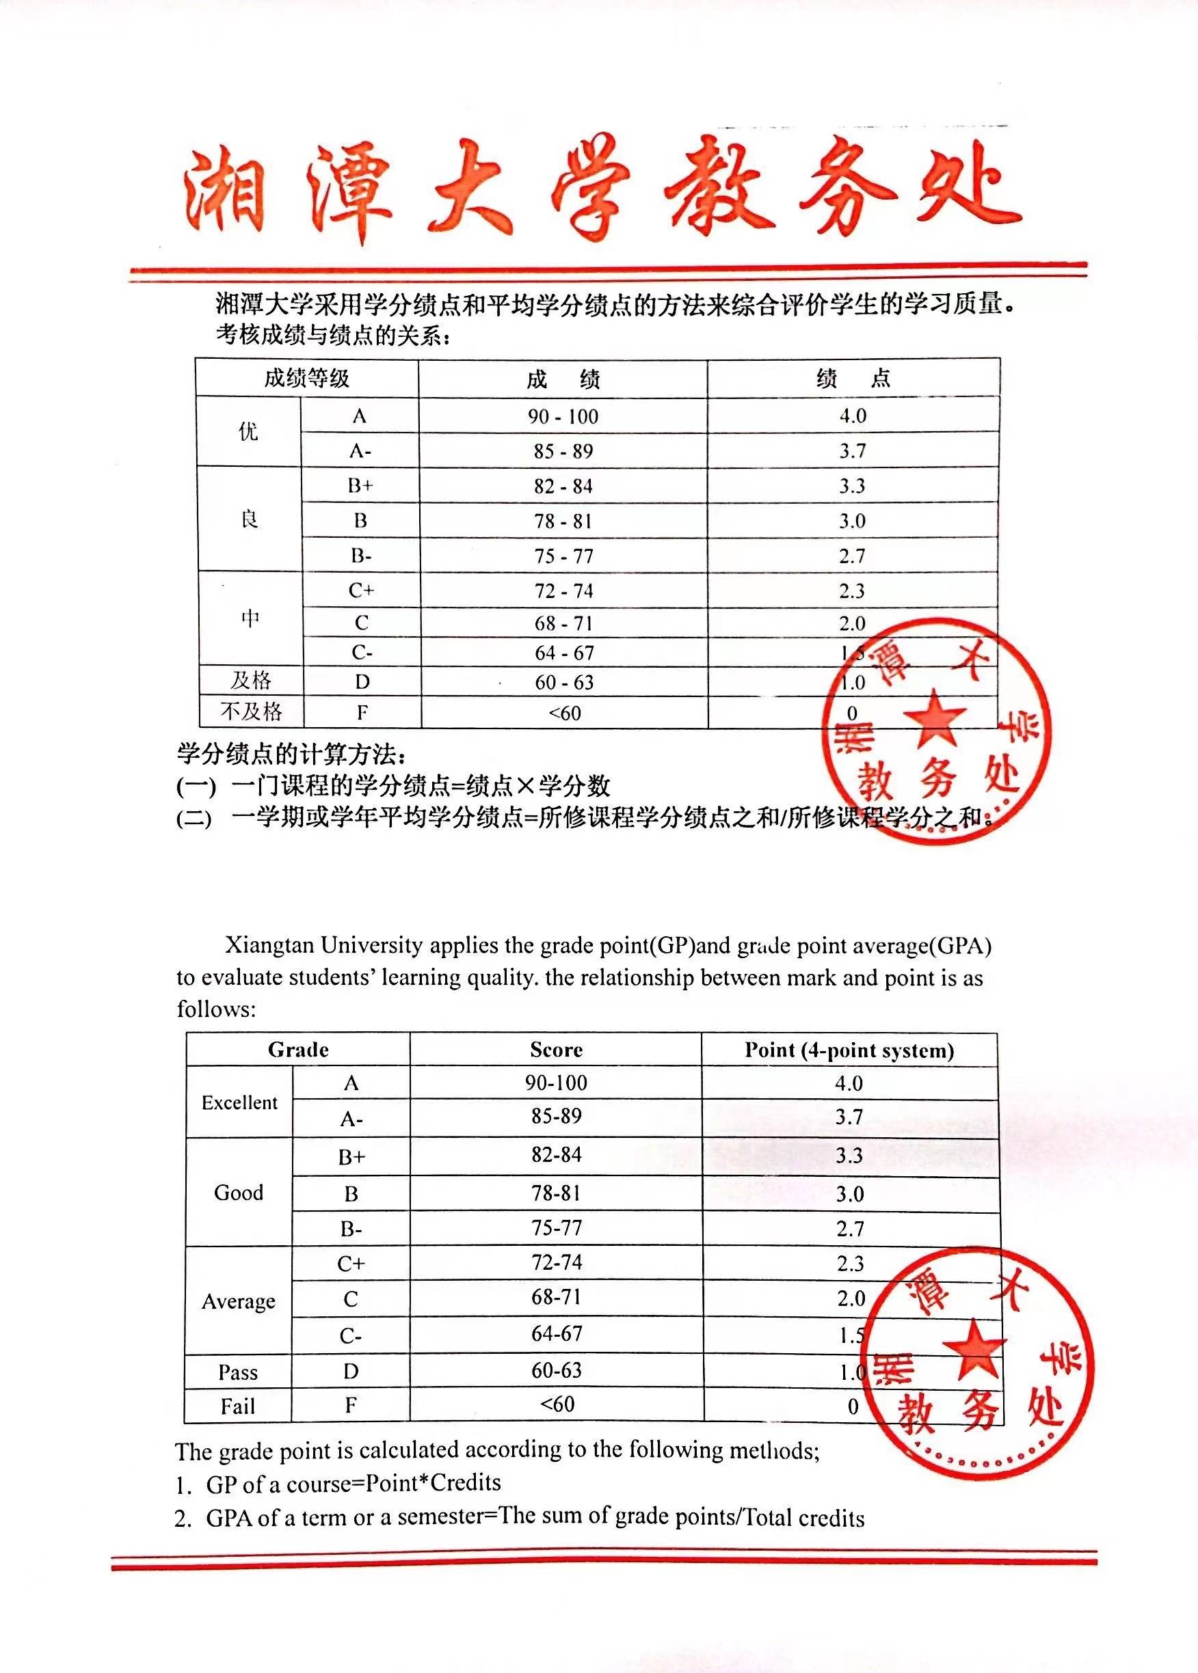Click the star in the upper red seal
[934, 718]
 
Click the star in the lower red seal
[974, 1350]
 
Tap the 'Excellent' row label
[240, 1102]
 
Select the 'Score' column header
[556, 1050]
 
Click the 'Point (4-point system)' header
[849, 1050]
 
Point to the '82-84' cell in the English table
[556, 1154]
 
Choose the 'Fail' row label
[237, 1406]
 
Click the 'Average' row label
[238, 1301]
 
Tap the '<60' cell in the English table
[557, 1404]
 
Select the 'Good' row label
[238, 1193]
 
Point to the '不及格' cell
[251, 711]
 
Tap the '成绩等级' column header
[306, 378]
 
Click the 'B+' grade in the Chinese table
[360, 486]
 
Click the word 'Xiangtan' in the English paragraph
[270, 944]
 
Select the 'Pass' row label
[237, 1372]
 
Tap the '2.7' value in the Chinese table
[852, 556]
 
